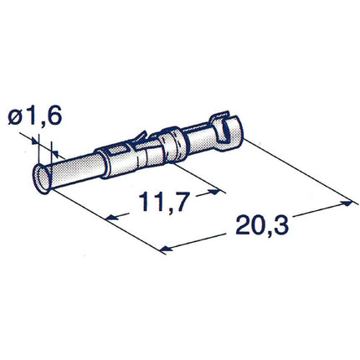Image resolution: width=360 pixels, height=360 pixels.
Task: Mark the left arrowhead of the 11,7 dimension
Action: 109,218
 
